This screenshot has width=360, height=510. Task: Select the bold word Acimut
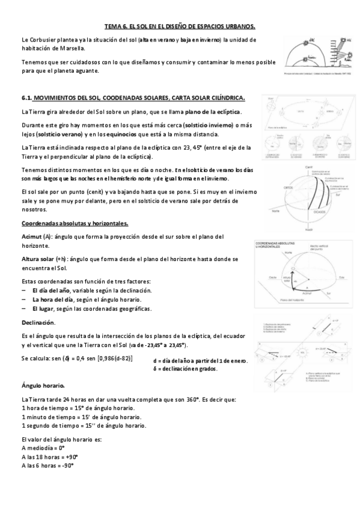click(31, 236)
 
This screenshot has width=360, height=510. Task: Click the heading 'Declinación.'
click(38, 322)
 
